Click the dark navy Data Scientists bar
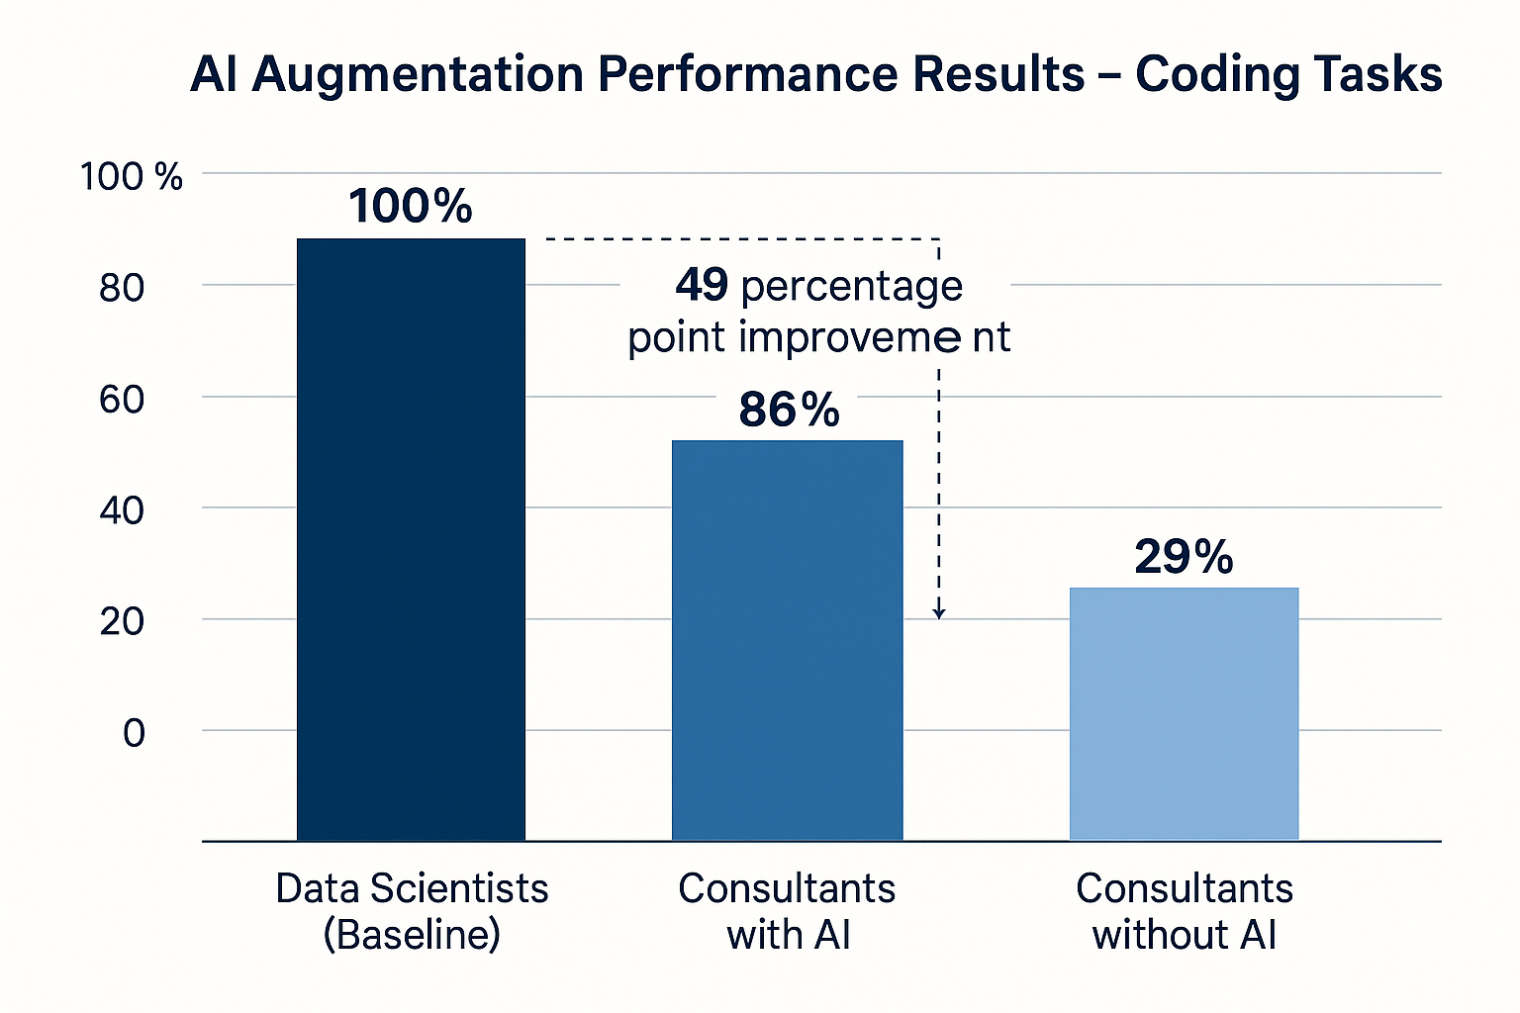411,539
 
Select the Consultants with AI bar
787,640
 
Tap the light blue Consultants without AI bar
1184,713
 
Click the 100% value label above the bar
411,206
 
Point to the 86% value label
789,410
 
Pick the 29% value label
1184,557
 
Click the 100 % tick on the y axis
131,177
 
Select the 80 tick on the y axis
122,288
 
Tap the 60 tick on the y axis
122,400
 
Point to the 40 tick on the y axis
122,510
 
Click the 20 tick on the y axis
122,622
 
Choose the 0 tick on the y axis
134,733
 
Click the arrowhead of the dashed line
939,612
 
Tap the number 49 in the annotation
703,286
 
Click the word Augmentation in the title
418,75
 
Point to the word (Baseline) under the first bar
412,934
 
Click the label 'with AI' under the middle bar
789,934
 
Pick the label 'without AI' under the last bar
1184,934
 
